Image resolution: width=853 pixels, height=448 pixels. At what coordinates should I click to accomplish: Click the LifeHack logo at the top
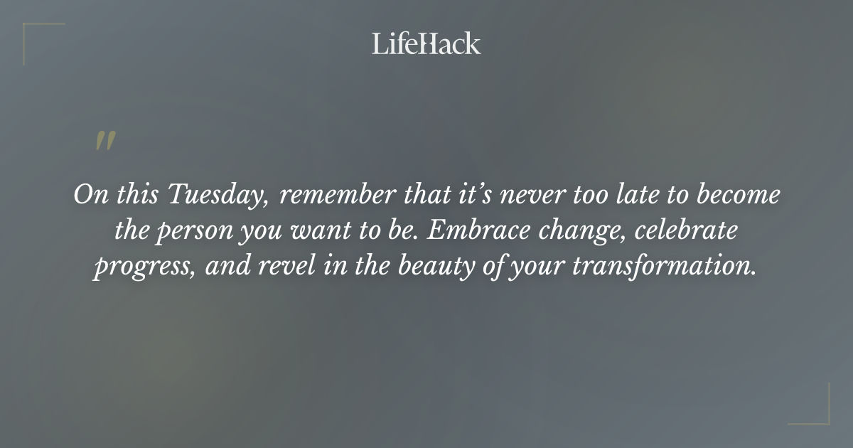pyautogui.click(x=426, y=43)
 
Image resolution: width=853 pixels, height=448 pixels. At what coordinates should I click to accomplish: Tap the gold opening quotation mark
pyautogui.click(x=105, y=141)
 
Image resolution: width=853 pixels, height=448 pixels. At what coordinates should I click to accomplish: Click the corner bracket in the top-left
pyautogui.click(x=36, y=36)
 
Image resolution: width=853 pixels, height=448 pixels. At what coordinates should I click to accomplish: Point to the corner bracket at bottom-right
pyautogui.click(x=817, y=412)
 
